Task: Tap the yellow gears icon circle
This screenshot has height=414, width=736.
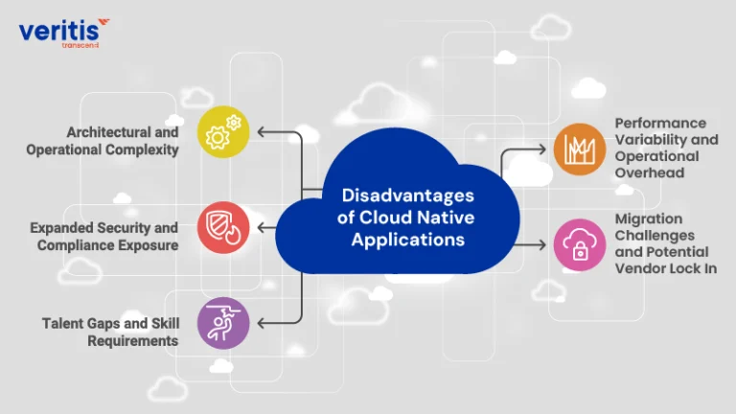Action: click(x=223, y=132)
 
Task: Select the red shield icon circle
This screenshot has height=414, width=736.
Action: click(x=223, y=228)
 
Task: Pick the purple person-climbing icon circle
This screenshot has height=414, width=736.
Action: click(x=223, y=323)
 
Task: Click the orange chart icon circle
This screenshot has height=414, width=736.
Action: click(x=580, y=149)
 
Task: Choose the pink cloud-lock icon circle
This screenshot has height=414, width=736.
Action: click(x=580, y=244)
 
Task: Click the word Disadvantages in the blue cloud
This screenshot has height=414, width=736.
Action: click(x=408, y=195)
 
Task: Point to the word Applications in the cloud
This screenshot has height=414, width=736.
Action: click(x=408, y=240)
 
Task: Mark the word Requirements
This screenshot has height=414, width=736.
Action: click(x=133, y=341)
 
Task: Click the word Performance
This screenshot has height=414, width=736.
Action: click(x=660, y=123)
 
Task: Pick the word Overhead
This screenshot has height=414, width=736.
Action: click(x=650, y=172)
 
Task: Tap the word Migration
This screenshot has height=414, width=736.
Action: click(x=649, y=219)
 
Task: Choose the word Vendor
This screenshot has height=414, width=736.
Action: click(x=636, y=268)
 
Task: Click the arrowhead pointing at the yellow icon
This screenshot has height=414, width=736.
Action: click(x=261, y=132)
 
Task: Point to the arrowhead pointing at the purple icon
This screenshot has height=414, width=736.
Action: click(x=261, y=323)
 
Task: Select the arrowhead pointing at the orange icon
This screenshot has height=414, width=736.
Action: click(x=542, y=149)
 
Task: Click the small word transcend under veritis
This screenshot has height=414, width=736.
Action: click(x=80, y=46)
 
